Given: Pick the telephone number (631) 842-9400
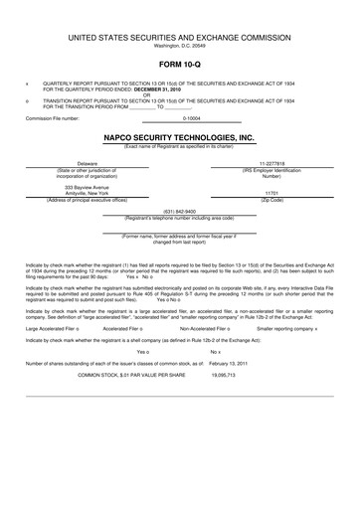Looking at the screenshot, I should click(x=179, y=211).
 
